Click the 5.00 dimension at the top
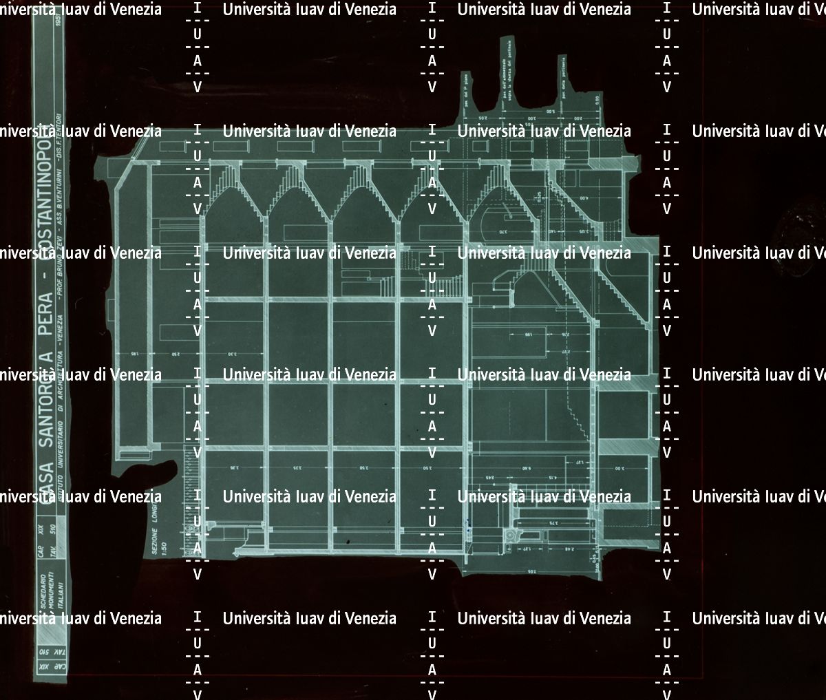click(x=551, y=111)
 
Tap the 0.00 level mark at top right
click(x=597, y=100)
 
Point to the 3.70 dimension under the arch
click(x=502, y=231)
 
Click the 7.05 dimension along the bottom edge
click(x=530, y=571)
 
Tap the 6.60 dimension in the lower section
click(x=527, y=469)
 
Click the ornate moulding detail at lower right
click(x=511, y=534)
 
